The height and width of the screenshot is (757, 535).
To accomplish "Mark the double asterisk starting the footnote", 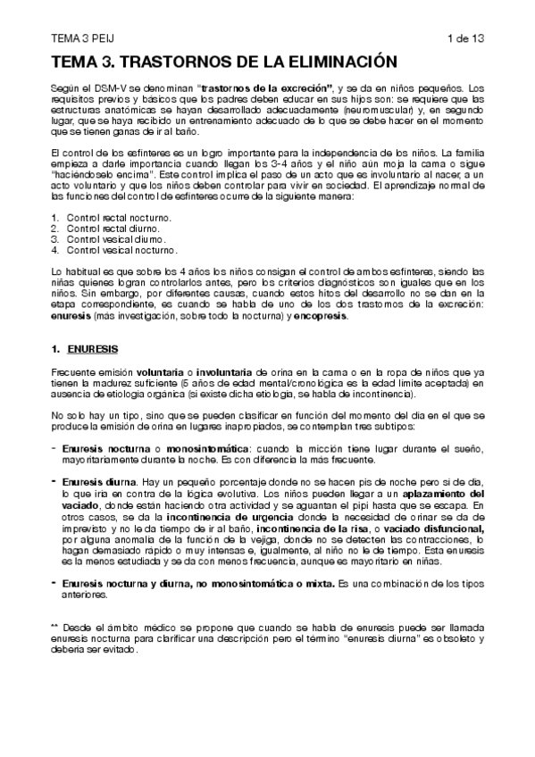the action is [x=55, y=626].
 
